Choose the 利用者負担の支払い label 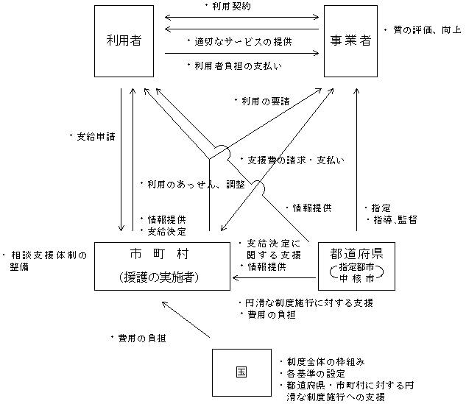click(236, 65)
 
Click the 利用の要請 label click(257, 99)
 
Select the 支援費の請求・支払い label click(292, 159)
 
